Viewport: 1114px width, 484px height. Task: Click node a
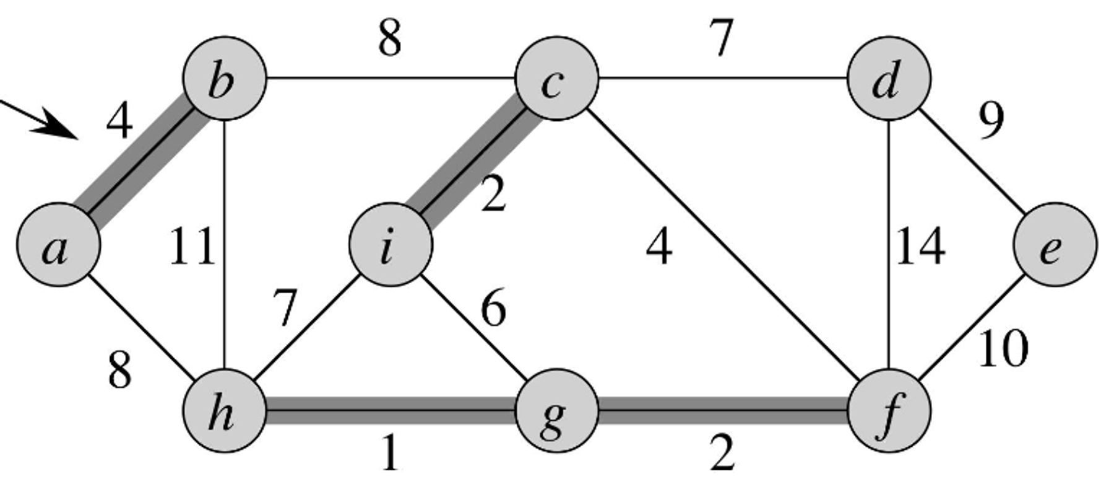pos(58,245)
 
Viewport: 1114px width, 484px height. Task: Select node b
pos(224,79)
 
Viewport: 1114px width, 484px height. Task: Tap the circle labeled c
pos(556,79)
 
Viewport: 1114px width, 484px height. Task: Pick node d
pos(889,79)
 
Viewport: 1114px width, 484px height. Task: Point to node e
pos(1055,245)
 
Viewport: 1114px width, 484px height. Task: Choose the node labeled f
pos(889,410)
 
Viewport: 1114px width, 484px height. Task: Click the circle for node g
pos(556,410)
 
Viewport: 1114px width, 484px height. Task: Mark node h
pos(224,410)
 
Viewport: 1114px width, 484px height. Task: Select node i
pos(390,245)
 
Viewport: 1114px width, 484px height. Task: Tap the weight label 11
pos(192,247)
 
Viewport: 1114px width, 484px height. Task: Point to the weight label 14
pos(920,247)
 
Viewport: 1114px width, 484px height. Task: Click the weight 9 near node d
pos(991,121)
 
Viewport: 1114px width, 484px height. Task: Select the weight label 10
pos(1003,349)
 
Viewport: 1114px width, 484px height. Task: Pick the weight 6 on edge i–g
pos(493,308)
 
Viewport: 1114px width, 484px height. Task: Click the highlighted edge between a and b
pos(141,162)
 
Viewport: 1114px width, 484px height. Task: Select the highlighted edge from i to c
pos(473,162)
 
